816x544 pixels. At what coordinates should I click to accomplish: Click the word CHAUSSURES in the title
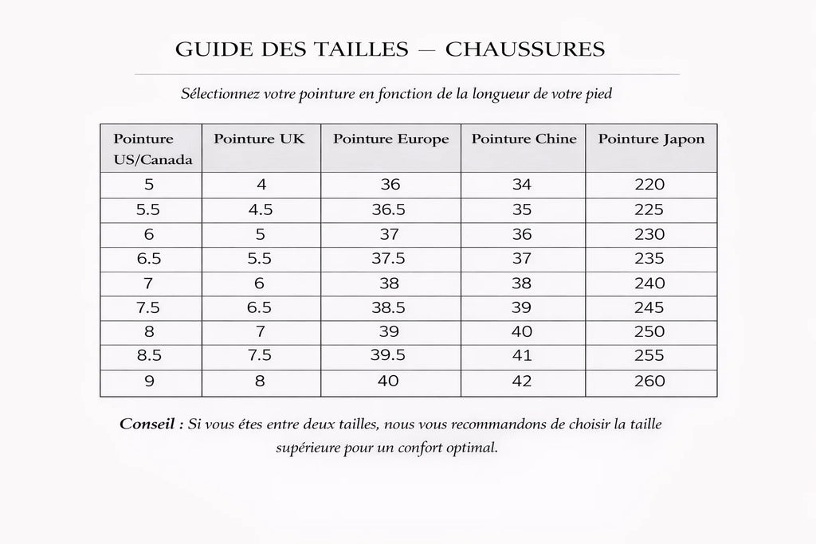coord(525,50)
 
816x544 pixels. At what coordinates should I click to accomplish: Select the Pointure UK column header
coord(259,139)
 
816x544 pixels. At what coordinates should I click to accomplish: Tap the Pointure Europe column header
coord(390,139)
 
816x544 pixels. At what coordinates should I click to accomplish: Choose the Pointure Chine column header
coord(524,139)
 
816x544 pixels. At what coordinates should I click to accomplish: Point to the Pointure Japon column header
coord(651,139)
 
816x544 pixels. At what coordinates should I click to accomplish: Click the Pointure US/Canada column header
coord(152,148)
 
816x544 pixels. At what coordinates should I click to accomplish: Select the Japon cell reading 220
coord(649,185)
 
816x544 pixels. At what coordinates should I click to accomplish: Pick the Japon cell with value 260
coord(649,382)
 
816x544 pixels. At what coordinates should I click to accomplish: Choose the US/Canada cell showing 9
coord(150,382)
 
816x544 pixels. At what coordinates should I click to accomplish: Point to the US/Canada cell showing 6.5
coord(150,259)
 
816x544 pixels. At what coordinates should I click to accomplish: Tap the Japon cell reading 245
coord(649,308)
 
